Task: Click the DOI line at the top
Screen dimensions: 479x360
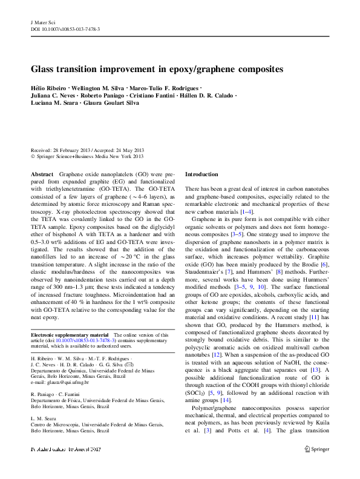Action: pos(65,28)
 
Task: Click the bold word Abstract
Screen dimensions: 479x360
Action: pos(42,174)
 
